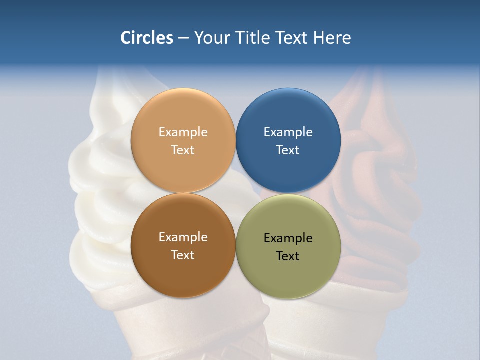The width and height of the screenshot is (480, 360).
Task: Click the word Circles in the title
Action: [x=147, y=38]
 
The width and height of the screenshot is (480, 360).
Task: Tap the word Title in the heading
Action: [x=251, y=38]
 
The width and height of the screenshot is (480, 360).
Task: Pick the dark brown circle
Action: [x=183, y=270]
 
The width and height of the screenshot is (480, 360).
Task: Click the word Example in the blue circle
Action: [x=288, y=132]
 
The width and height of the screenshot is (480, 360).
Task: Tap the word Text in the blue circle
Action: [x=288, y=150]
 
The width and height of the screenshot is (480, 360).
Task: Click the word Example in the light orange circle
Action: [x=183, y=132]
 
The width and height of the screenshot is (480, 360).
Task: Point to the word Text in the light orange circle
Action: [x=183, y=150]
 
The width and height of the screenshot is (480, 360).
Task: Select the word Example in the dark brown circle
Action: [x=183, y=237]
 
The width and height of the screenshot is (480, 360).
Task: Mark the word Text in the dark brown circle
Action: [x=183, y=255]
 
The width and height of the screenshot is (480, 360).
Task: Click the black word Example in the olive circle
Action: [x=288, y=238]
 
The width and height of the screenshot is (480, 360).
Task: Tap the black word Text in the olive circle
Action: [x=288, y=256]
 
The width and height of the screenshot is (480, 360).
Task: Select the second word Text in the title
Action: [x=292, y=38]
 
